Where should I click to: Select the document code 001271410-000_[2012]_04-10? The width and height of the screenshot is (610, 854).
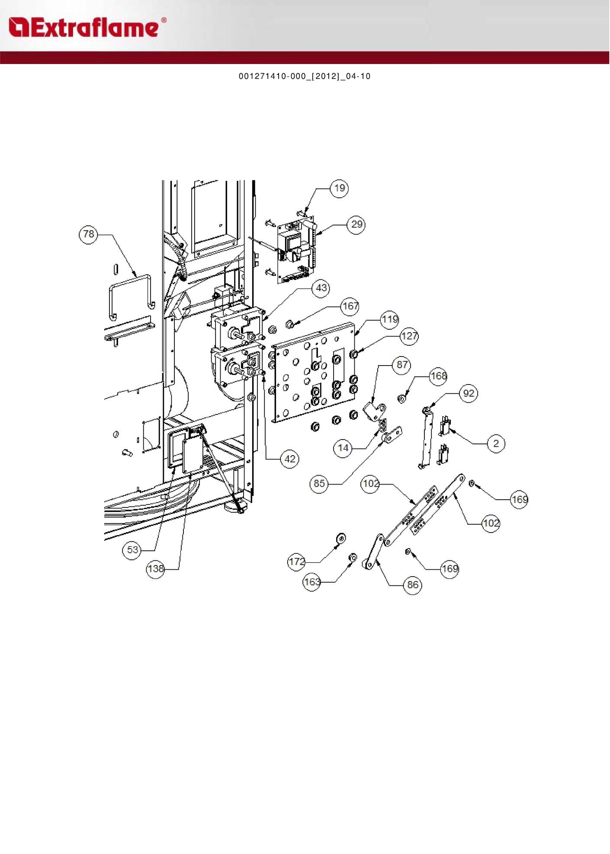pos(305,77)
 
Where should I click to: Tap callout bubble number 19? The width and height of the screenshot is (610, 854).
pos(340,188)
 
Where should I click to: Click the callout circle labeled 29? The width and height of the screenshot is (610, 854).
pos(356,225)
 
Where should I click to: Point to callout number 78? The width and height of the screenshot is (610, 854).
pos(88,234)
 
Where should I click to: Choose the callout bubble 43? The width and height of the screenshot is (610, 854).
pos(321,288)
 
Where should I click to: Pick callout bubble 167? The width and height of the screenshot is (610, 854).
pos(350,307)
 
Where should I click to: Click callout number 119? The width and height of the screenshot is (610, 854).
pos(390,320)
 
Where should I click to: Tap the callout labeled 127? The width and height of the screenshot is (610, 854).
pos(409,336)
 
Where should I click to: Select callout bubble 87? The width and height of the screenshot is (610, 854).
pos(402,365)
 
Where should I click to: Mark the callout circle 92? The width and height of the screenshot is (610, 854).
pos(469,394)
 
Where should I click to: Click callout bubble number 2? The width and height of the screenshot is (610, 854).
pos(496,443)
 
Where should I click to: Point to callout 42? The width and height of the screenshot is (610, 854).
pos(290,459)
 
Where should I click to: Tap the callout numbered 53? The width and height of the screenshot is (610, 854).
pos(132,550)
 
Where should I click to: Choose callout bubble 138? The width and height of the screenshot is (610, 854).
pos(156,569)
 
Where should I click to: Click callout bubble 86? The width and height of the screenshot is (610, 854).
pos(413,585)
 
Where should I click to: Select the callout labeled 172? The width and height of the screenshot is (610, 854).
pos(297,562)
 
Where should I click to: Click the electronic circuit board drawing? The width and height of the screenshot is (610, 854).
pos(297,251)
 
